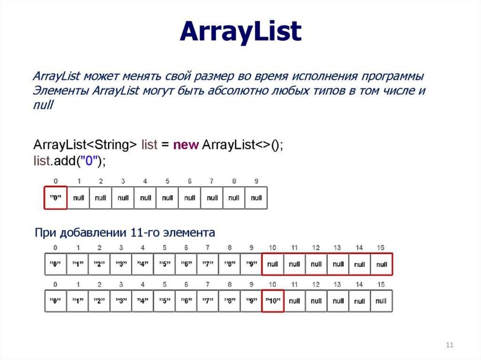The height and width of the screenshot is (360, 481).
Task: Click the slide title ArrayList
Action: pos(240,32)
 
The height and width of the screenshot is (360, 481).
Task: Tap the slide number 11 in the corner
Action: pos(449,345)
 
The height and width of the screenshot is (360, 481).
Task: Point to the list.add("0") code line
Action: pos(70,161)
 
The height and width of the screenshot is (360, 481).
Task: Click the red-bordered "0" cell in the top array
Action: pos(55,198)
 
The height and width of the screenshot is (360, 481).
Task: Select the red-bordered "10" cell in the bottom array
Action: pos(272,301)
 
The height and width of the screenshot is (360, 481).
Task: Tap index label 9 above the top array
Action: pos(256,181)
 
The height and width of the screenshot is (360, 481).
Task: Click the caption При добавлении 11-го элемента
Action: pos(125,232)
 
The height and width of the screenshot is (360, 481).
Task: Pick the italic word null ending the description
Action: pos(44,106)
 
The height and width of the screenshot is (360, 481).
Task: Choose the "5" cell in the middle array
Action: pos(164,264)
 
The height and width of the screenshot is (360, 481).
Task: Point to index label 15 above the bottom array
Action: pos(381,284)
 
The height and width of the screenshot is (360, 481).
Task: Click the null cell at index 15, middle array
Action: pos(381,264)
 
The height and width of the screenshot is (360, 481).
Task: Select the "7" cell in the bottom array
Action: pos(208,301)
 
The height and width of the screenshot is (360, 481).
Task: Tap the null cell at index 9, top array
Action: pos(256,198)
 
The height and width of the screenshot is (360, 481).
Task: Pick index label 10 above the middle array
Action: pos(272,247)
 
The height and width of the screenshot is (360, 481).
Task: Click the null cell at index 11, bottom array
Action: pos(295,301)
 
